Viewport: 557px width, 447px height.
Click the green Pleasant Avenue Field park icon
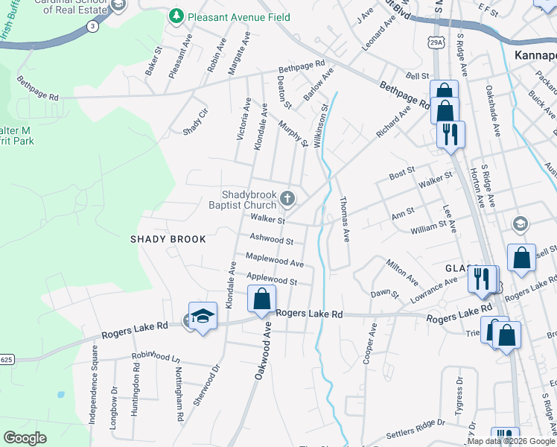click(176, 16)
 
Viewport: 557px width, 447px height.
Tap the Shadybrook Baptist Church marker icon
click(288, 198)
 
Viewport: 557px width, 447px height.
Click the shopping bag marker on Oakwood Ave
click(261, 300)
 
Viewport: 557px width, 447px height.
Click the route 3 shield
click(92, 26)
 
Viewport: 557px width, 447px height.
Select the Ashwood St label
click(271, 240)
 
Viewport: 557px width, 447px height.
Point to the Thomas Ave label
click(344, 220)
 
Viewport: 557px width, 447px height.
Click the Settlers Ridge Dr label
click(416, 430)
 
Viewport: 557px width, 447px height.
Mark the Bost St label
click(401, 175)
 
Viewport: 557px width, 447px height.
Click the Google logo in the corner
click(25, 437)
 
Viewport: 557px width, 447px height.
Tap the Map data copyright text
click(509, 441)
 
